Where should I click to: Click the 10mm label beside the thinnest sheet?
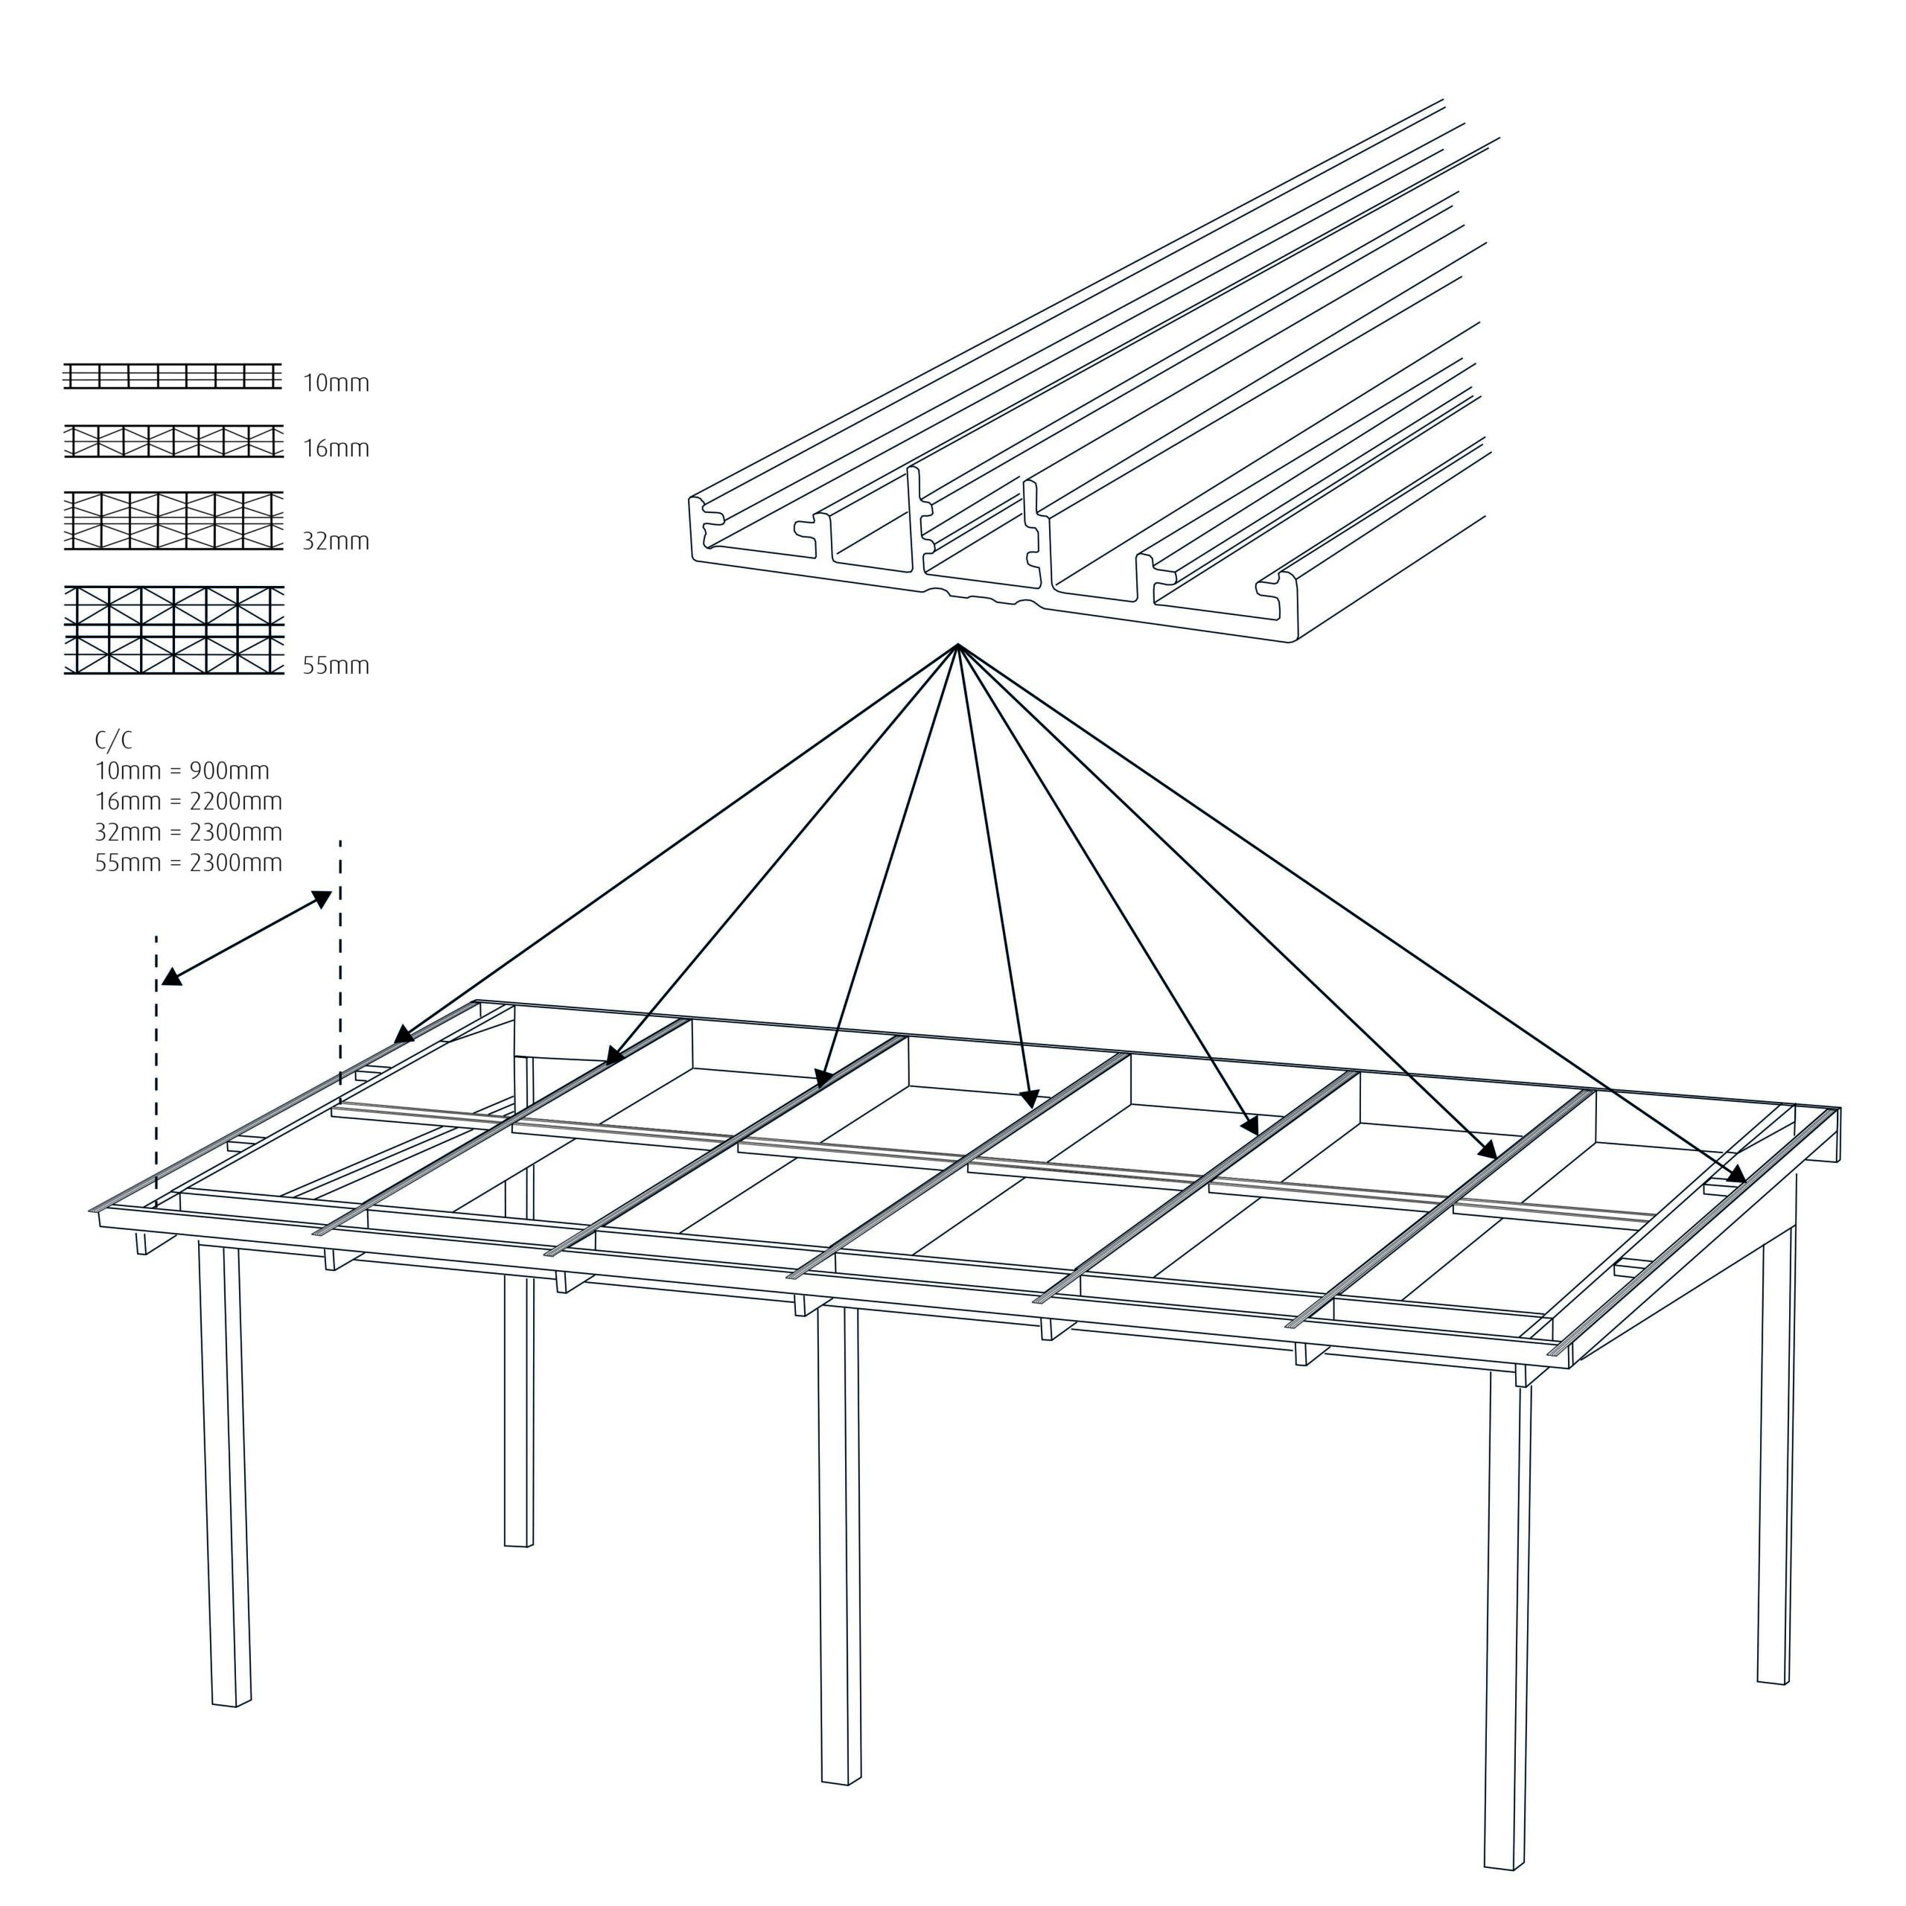[x=336, y=383]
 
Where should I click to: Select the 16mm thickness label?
[x=336, y=449]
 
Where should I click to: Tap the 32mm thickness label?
[x=336, y=541]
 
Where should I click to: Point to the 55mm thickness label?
[x=336, y=666]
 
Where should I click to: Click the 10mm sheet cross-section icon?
[x=173, y=377]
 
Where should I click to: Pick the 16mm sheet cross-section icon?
[x=173, y=441]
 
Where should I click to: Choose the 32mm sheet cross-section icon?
[x=173, y=520]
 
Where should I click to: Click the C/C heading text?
[x=112, y=741]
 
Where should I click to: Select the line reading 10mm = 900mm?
[x=182, y=771]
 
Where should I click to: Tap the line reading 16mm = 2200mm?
[x=188, y=802]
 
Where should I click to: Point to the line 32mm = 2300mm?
[x=188, y=832]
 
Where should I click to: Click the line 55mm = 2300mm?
[x=188, y=863]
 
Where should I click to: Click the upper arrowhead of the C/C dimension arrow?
[x=322, y=899]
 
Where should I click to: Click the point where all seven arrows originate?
[x=956, y=646]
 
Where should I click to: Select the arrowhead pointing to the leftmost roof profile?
[x=404, y=1035]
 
